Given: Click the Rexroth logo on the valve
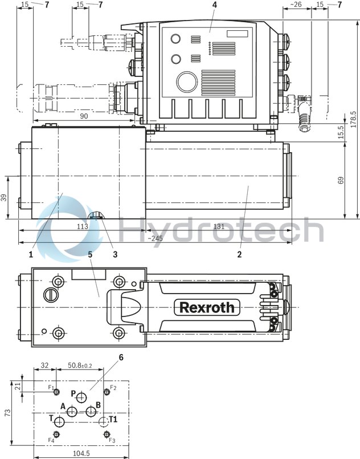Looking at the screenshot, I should [206, 307].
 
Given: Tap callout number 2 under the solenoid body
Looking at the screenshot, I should [239, 254].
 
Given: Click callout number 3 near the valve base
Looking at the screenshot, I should [116, 254].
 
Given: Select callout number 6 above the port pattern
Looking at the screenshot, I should [121, 358].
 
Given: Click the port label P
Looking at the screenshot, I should [73, 393].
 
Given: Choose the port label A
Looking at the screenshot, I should [63, 406].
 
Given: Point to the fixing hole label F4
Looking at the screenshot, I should [51, 440].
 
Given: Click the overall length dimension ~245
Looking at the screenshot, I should [154, 238].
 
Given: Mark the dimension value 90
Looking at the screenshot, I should [83, 116].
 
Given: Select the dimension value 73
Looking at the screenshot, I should [6, 412].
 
